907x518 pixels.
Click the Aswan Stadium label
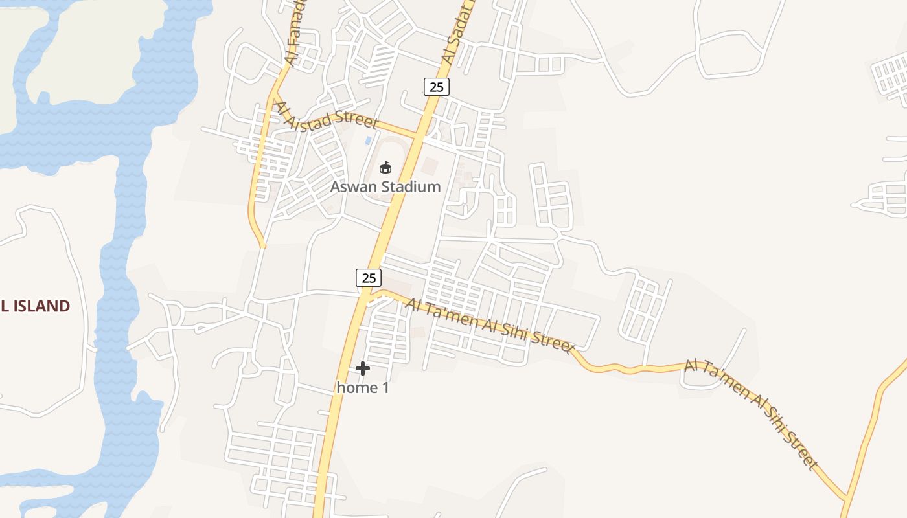pos(385,186)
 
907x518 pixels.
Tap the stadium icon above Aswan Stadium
pos(385,168)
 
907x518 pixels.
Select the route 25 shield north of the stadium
pos(437,86)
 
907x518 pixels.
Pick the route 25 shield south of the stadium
pos(369,278)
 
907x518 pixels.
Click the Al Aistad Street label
pos(326,115)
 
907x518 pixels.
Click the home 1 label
pos(363,388)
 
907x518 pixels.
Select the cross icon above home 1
pos(363,368)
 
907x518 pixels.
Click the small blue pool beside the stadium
pos(368,140)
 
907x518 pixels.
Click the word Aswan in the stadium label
pos(354,186)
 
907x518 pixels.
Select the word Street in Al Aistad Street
pos(356,120)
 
